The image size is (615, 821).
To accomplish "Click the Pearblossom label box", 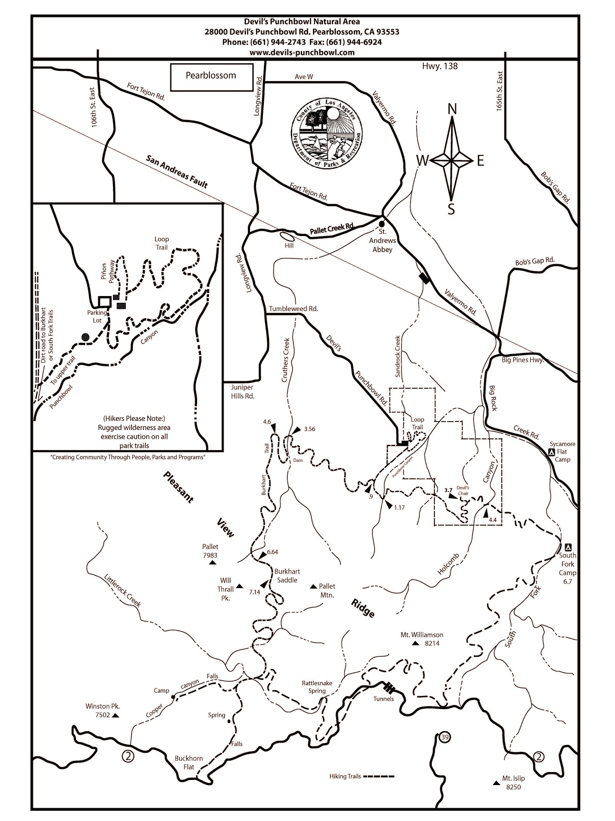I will pos(211,77).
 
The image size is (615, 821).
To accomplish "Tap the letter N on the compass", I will pos(452,109).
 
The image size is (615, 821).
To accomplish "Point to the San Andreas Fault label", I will pos(177,172).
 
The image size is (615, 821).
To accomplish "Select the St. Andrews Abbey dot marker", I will pos(381,224).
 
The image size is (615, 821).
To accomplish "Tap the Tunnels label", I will pos(383,698).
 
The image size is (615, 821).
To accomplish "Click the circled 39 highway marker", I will pos(445,738).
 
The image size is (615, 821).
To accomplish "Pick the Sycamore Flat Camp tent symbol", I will pos(551,452).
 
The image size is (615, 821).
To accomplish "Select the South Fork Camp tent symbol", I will pos(567,547).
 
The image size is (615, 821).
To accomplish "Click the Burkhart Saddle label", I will pos(287,576).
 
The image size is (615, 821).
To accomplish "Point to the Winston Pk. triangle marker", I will pos(116,715).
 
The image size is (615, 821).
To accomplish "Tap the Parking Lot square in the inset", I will pos(104,301).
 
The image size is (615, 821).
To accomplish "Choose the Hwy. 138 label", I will pos(439,66).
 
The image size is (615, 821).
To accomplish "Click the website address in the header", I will pos(302,52).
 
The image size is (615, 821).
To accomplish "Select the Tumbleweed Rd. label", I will pos(294,309).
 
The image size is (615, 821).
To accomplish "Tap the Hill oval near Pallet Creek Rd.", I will pos(287,237).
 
